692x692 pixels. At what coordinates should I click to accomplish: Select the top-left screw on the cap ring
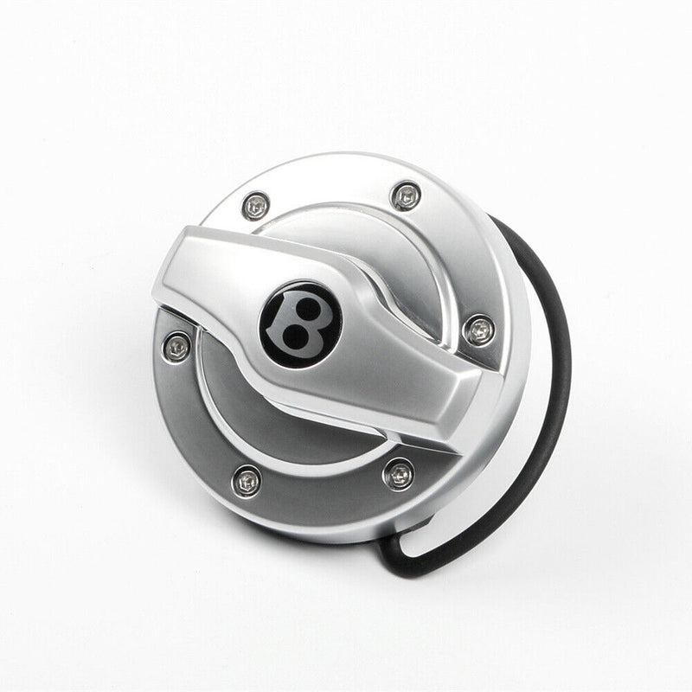click(x=256, y=205)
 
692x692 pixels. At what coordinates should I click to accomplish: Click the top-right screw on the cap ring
click(x=405, y=195)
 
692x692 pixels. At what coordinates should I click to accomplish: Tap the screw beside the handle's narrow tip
click(x=478, y=329)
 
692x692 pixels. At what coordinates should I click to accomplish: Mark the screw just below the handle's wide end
click(x=178, y=345)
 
